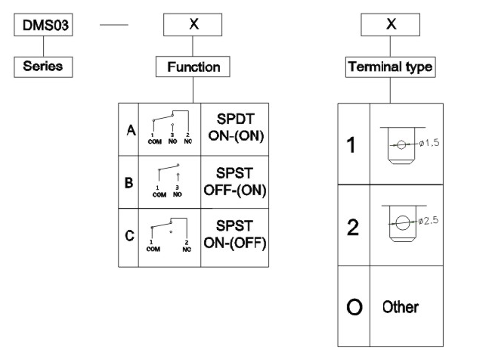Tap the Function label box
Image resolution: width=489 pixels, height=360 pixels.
193,67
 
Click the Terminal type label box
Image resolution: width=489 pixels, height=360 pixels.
390,67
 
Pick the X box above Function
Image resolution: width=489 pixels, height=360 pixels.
193,26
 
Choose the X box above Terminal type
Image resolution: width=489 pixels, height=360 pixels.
390,26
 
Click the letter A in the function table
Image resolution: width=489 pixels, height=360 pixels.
130,130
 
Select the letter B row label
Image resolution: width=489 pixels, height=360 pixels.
130,182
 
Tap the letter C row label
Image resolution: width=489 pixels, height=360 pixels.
130,234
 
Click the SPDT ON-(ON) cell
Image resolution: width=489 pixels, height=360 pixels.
235,130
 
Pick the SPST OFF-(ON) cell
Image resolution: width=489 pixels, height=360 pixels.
235,182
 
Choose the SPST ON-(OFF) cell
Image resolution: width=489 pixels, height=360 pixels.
235,234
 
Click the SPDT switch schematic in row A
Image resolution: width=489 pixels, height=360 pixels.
169,130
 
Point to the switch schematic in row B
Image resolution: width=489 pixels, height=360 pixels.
169,182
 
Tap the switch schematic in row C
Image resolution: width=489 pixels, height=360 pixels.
169,234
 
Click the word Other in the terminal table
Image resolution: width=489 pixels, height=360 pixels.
401,307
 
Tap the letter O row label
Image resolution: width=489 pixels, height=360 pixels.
352,307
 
